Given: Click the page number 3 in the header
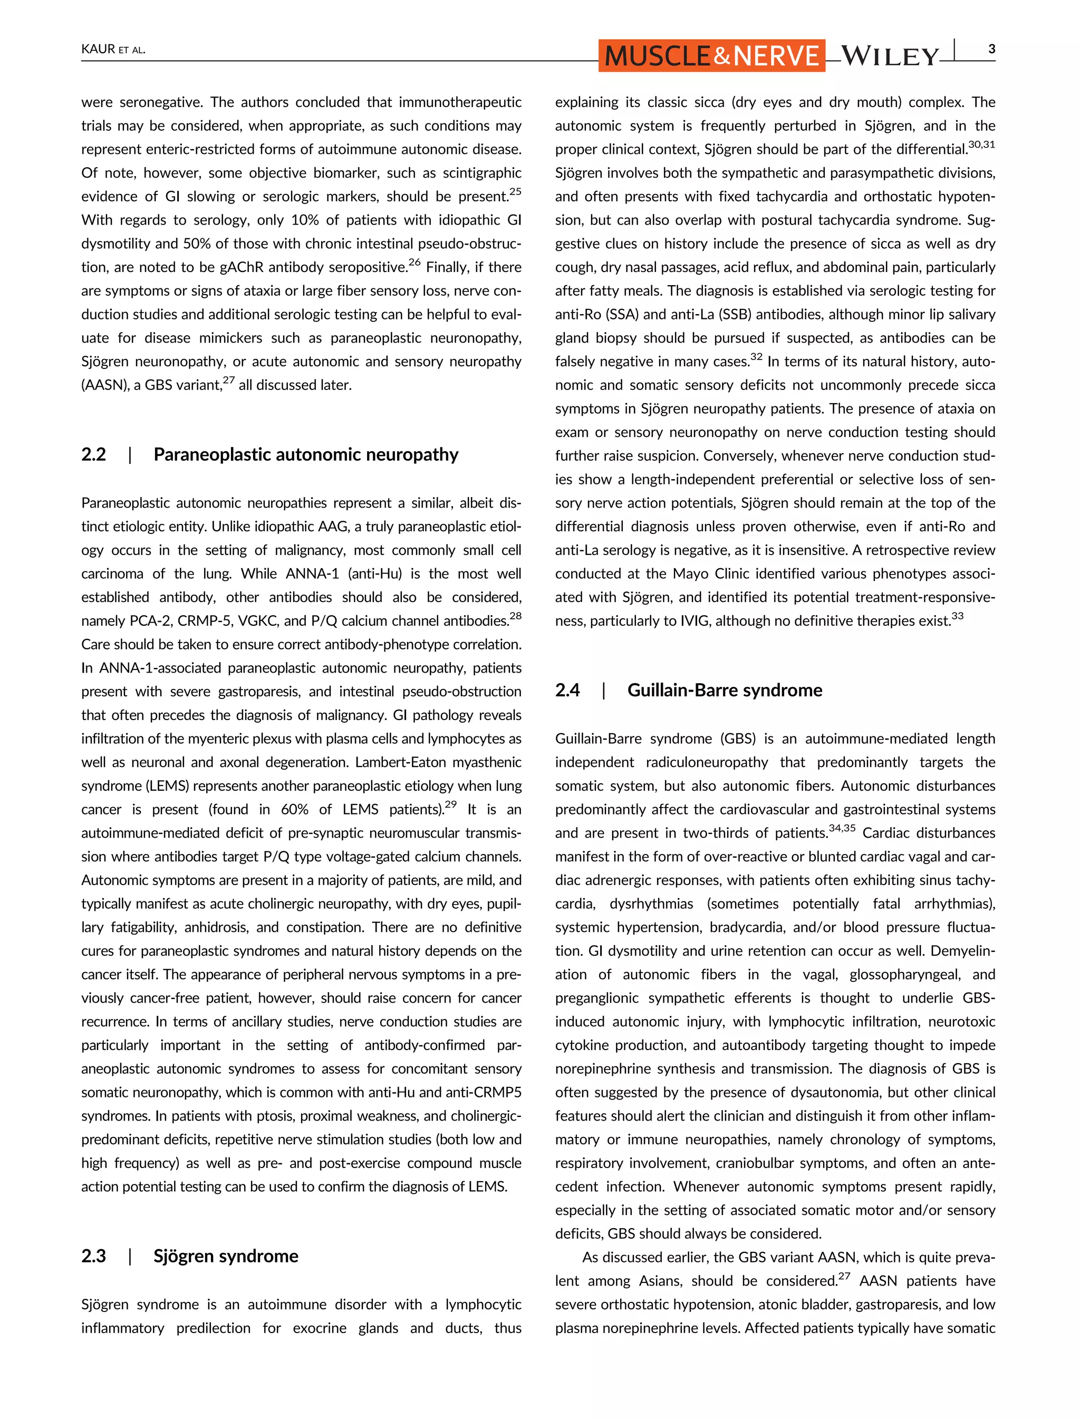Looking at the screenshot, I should (992, 49).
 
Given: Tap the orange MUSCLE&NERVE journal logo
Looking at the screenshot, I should (711, 56).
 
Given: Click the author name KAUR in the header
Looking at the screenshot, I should (98, 50).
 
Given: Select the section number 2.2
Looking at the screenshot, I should (93, 455).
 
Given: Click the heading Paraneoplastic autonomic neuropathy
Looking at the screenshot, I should (305, 455).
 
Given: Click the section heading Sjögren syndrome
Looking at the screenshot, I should (226, 1257).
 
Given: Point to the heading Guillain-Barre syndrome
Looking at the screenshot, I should (725, 690).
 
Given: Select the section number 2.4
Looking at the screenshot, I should (567, 690).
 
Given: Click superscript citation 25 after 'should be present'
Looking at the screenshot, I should (515, 191).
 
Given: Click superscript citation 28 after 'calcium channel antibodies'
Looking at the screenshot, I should (515, 616).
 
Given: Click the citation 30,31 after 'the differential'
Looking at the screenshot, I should (981, 144).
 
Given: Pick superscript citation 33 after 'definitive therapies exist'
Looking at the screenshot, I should (957, 616).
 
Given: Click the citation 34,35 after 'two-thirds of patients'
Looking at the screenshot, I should (842, 828).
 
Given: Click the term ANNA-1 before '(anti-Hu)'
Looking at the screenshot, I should (312, 574).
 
